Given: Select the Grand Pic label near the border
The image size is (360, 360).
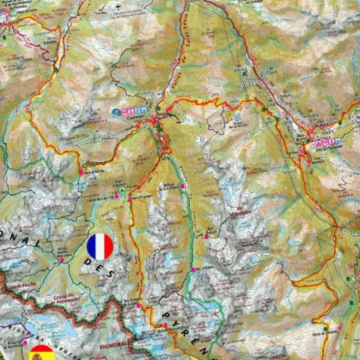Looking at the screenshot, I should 68,299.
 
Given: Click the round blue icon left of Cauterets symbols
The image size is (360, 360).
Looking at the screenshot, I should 116,111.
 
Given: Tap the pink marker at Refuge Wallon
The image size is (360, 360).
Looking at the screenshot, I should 62,260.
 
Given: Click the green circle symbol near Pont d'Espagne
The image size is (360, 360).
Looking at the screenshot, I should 123,190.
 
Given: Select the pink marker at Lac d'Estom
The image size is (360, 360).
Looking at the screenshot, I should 194,270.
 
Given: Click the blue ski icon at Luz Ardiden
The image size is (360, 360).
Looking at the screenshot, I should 238,118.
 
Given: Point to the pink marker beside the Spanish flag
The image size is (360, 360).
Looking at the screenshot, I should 25,343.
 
